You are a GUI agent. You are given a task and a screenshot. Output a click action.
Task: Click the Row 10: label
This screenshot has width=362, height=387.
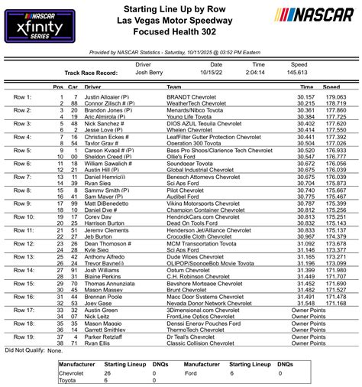[24, 217]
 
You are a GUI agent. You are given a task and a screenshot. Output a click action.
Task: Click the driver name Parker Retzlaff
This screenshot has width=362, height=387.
[105, 337]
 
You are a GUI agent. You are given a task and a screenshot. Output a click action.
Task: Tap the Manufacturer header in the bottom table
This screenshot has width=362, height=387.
[79, 365]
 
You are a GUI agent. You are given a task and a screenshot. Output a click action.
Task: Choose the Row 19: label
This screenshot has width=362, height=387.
[24, 337]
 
